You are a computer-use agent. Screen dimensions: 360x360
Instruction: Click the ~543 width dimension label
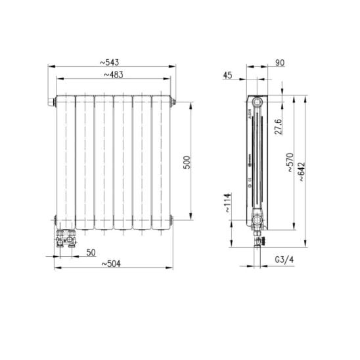tap(110, 62)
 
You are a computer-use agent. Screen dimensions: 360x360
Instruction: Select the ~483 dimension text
tap(114, 75)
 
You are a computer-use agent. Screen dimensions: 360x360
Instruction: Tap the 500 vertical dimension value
tap(187, 162)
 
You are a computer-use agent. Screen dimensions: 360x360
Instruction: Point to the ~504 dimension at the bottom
tap(111, 264)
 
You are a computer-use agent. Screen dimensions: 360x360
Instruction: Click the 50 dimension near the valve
tap(91, 252)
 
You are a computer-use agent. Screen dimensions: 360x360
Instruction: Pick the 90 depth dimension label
tap(280, 62)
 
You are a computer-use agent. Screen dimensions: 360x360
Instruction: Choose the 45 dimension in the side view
tap(227, 75)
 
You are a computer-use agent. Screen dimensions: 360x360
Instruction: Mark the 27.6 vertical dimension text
tap(279, 127)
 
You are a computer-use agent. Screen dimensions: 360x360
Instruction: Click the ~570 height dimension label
tap(290, 162)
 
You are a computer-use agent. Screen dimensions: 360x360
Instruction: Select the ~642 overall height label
tap(302, 171)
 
